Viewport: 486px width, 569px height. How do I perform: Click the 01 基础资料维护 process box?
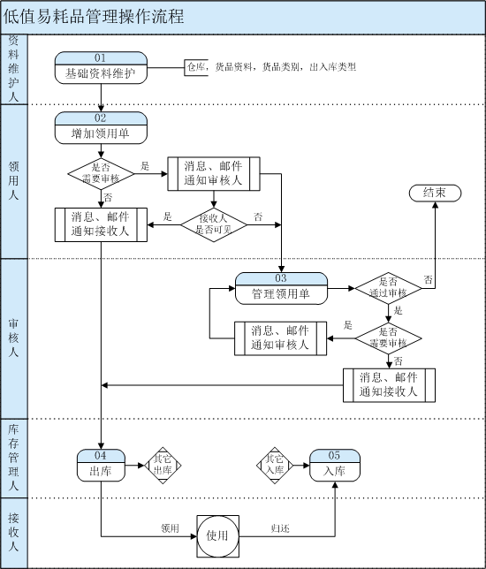pyautogui.click(x=101, y=68)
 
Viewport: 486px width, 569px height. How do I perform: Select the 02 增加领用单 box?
pyautogui.click(x=101, y=128)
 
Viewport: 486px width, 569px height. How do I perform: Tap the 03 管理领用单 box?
pyautogui.click(x=281, y=289)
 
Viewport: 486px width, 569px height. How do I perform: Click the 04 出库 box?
pyautogui.click(x=101, y=466)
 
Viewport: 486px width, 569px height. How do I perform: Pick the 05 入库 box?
pyautogui.click(x=335, y=466)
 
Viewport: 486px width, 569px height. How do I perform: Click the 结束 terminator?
pyautogui.click(x=435, y=193)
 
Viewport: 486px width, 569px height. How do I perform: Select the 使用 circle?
pyautogui.click(x=217, y=536)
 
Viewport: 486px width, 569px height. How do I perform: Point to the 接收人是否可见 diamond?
pyautogui.click(x=214, y=225)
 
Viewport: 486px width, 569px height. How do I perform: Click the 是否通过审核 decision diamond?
pyautogui.click(x=389, y=289)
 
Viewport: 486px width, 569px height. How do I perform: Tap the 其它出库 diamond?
pyautogui.click(x=163, y=466)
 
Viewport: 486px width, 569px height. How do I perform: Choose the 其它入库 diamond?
pyautogui.click(x=275, y=466)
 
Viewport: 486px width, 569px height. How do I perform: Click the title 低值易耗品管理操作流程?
pyautogui.click(x=94, y=17)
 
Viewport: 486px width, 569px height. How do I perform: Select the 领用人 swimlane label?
pyautogui.click(x=13, y=181)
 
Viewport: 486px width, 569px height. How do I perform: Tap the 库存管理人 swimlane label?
pyautogui.click(x=13, y=458)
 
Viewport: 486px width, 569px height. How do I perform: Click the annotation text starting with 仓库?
pyautogui.click(x=271, y=67)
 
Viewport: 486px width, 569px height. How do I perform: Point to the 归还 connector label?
pyautogui.click(x=280, y=528)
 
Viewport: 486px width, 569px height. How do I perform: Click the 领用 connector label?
pyautogui.click(x=170, y=528)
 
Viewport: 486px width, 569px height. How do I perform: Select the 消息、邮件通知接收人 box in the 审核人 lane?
pyautogui.click(x=389, y=385)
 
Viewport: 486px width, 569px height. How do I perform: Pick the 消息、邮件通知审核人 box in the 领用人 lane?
pyautogui.click(x=214, y=174)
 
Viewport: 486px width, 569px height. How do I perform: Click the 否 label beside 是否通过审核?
pyautogui.click(x=429, y=280)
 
